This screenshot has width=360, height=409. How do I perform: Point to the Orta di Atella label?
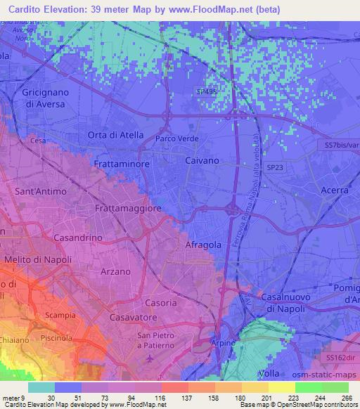point(115,135)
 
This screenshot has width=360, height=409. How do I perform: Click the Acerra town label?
point(334,190)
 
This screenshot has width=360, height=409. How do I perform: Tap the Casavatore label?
point(133,318)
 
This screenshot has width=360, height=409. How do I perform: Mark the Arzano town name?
point(117,271)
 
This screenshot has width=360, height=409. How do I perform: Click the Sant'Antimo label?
point(41,191)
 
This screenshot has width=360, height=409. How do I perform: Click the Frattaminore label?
point(118,163)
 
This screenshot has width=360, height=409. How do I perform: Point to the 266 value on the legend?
point(346,397)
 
